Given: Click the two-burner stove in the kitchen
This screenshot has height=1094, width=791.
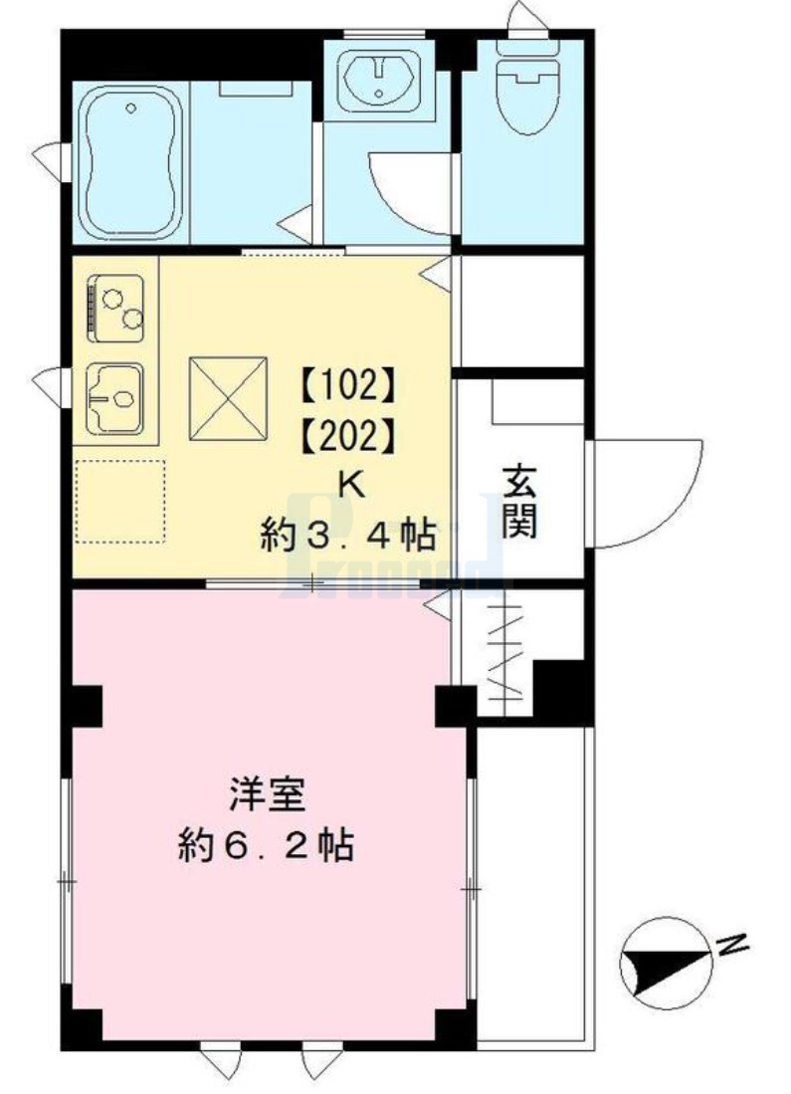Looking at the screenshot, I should point(116,305).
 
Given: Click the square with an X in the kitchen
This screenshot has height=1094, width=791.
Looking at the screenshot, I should point(229,397).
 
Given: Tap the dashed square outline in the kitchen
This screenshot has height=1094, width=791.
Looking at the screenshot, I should point(120,501).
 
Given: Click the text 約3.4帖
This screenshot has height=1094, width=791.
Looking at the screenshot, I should point(348,537).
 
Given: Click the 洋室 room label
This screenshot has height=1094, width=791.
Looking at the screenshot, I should point(266,796).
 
